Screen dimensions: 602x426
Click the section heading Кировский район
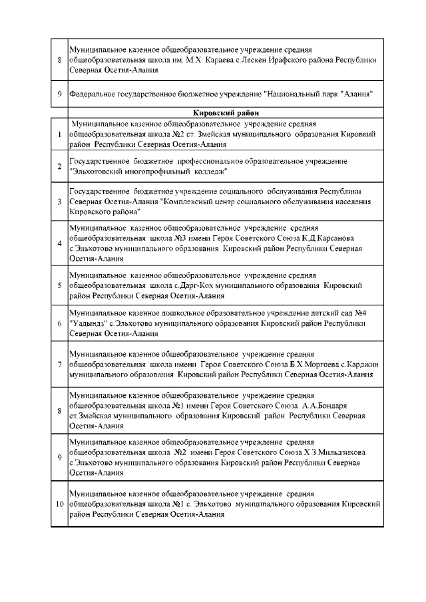tap(226, 113)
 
